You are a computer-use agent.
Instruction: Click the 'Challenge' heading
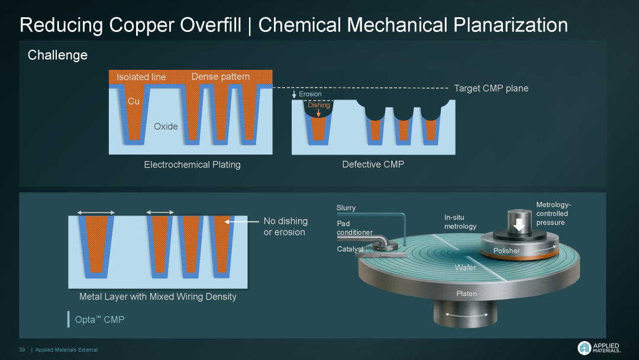pos(57,55)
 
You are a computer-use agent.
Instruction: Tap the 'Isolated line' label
pos(141,77)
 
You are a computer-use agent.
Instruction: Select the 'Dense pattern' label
pos(220,76)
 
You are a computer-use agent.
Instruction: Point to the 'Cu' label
pos(134,101)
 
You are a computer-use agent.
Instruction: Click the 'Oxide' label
pos(166,126)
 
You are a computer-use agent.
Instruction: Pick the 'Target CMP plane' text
pos(491,88)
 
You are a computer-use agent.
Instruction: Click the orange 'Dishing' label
pos(318,105)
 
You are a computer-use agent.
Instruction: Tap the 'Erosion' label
pos(310,94)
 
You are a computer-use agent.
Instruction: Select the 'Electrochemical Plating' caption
pos(192,164)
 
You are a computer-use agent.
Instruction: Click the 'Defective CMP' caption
pos(373,164)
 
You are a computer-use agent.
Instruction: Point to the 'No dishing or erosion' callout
pos(285,226)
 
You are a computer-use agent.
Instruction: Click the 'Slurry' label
pos(346,208)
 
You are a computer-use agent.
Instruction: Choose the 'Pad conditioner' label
pos(354,228)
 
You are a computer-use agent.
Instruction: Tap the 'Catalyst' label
pos(350,249)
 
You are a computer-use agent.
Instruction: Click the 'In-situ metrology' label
pos(460,222)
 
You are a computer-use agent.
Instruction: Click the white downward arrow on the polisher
pos(519,226)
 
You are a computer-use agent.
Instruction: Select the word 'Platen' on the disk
pos(466,294)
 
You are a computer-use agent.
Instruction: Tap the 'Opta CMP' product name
pos(99,320)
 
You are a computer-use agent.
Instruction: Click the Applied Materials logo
pos(598,348)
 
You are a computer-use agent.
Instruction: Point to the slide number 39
pos(22,350)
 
